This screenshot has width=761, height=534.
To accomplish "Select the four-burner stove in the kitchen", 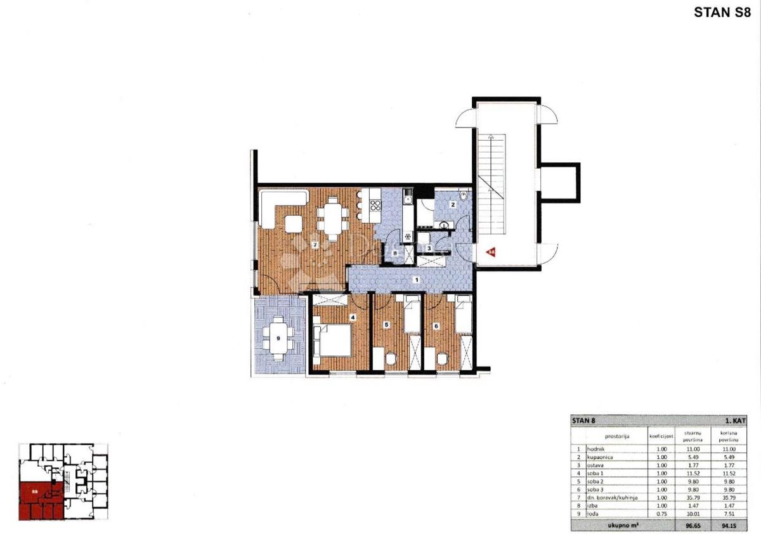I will click(x=375, y=205).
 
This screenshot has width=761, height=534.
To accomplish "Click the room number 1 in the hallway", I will click(x=416, y=279).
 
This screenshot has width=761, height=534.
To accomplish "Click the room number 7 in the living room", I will click(x=315, y=245).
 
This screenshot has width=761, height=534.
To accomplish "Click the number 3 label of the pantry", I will click(x=429, y=248).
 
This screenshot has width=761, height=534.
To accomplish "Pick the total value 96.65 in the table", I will click(x=692, y=526).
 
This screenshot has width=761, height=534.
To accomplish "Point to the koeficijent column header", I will click(x=661, y=436).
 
